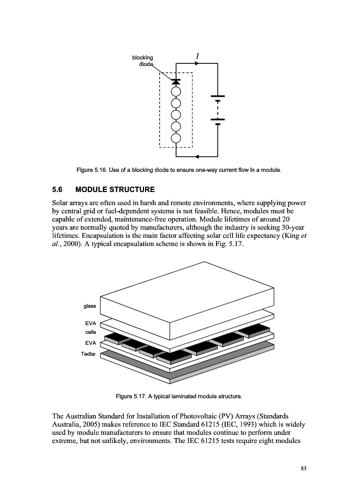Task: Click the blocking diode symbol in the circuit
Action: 176,82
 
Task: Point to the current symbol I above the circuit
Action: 197,55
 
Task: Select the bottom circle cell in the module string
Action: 176,138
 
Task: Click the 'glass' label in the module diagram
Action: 89,306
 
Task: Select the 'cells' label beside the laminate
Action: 90,332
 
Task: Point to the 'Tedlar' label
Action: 88,354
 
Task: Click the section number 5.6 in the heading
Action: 57,190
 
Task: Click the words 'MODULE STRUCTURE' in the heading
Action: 115,190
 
